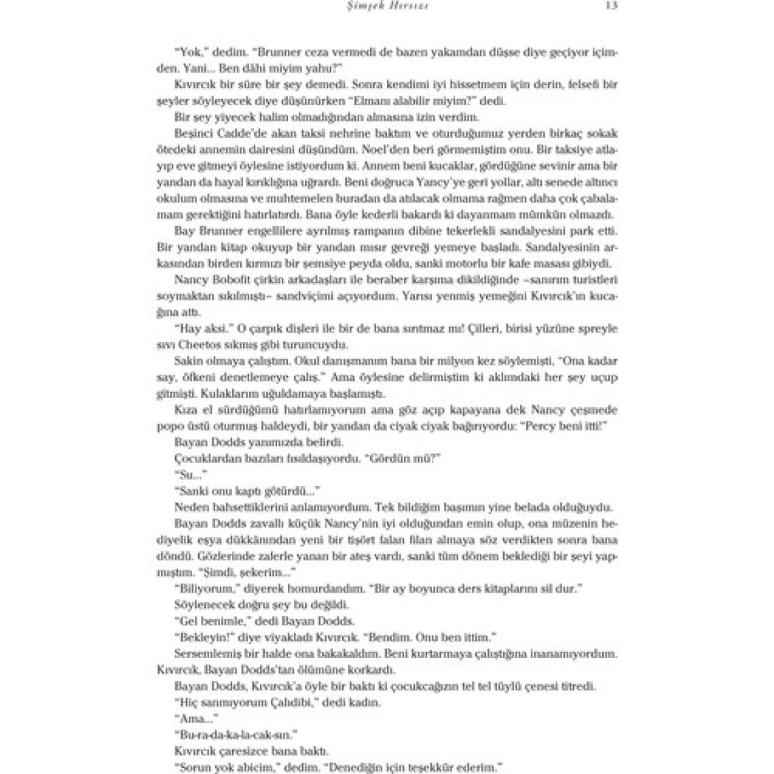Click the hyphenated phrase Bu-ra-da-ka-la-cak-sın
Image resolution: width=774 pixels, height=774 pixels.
[238, 735]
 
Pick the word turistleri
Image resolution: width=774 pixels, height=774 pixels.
[590, 280]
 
